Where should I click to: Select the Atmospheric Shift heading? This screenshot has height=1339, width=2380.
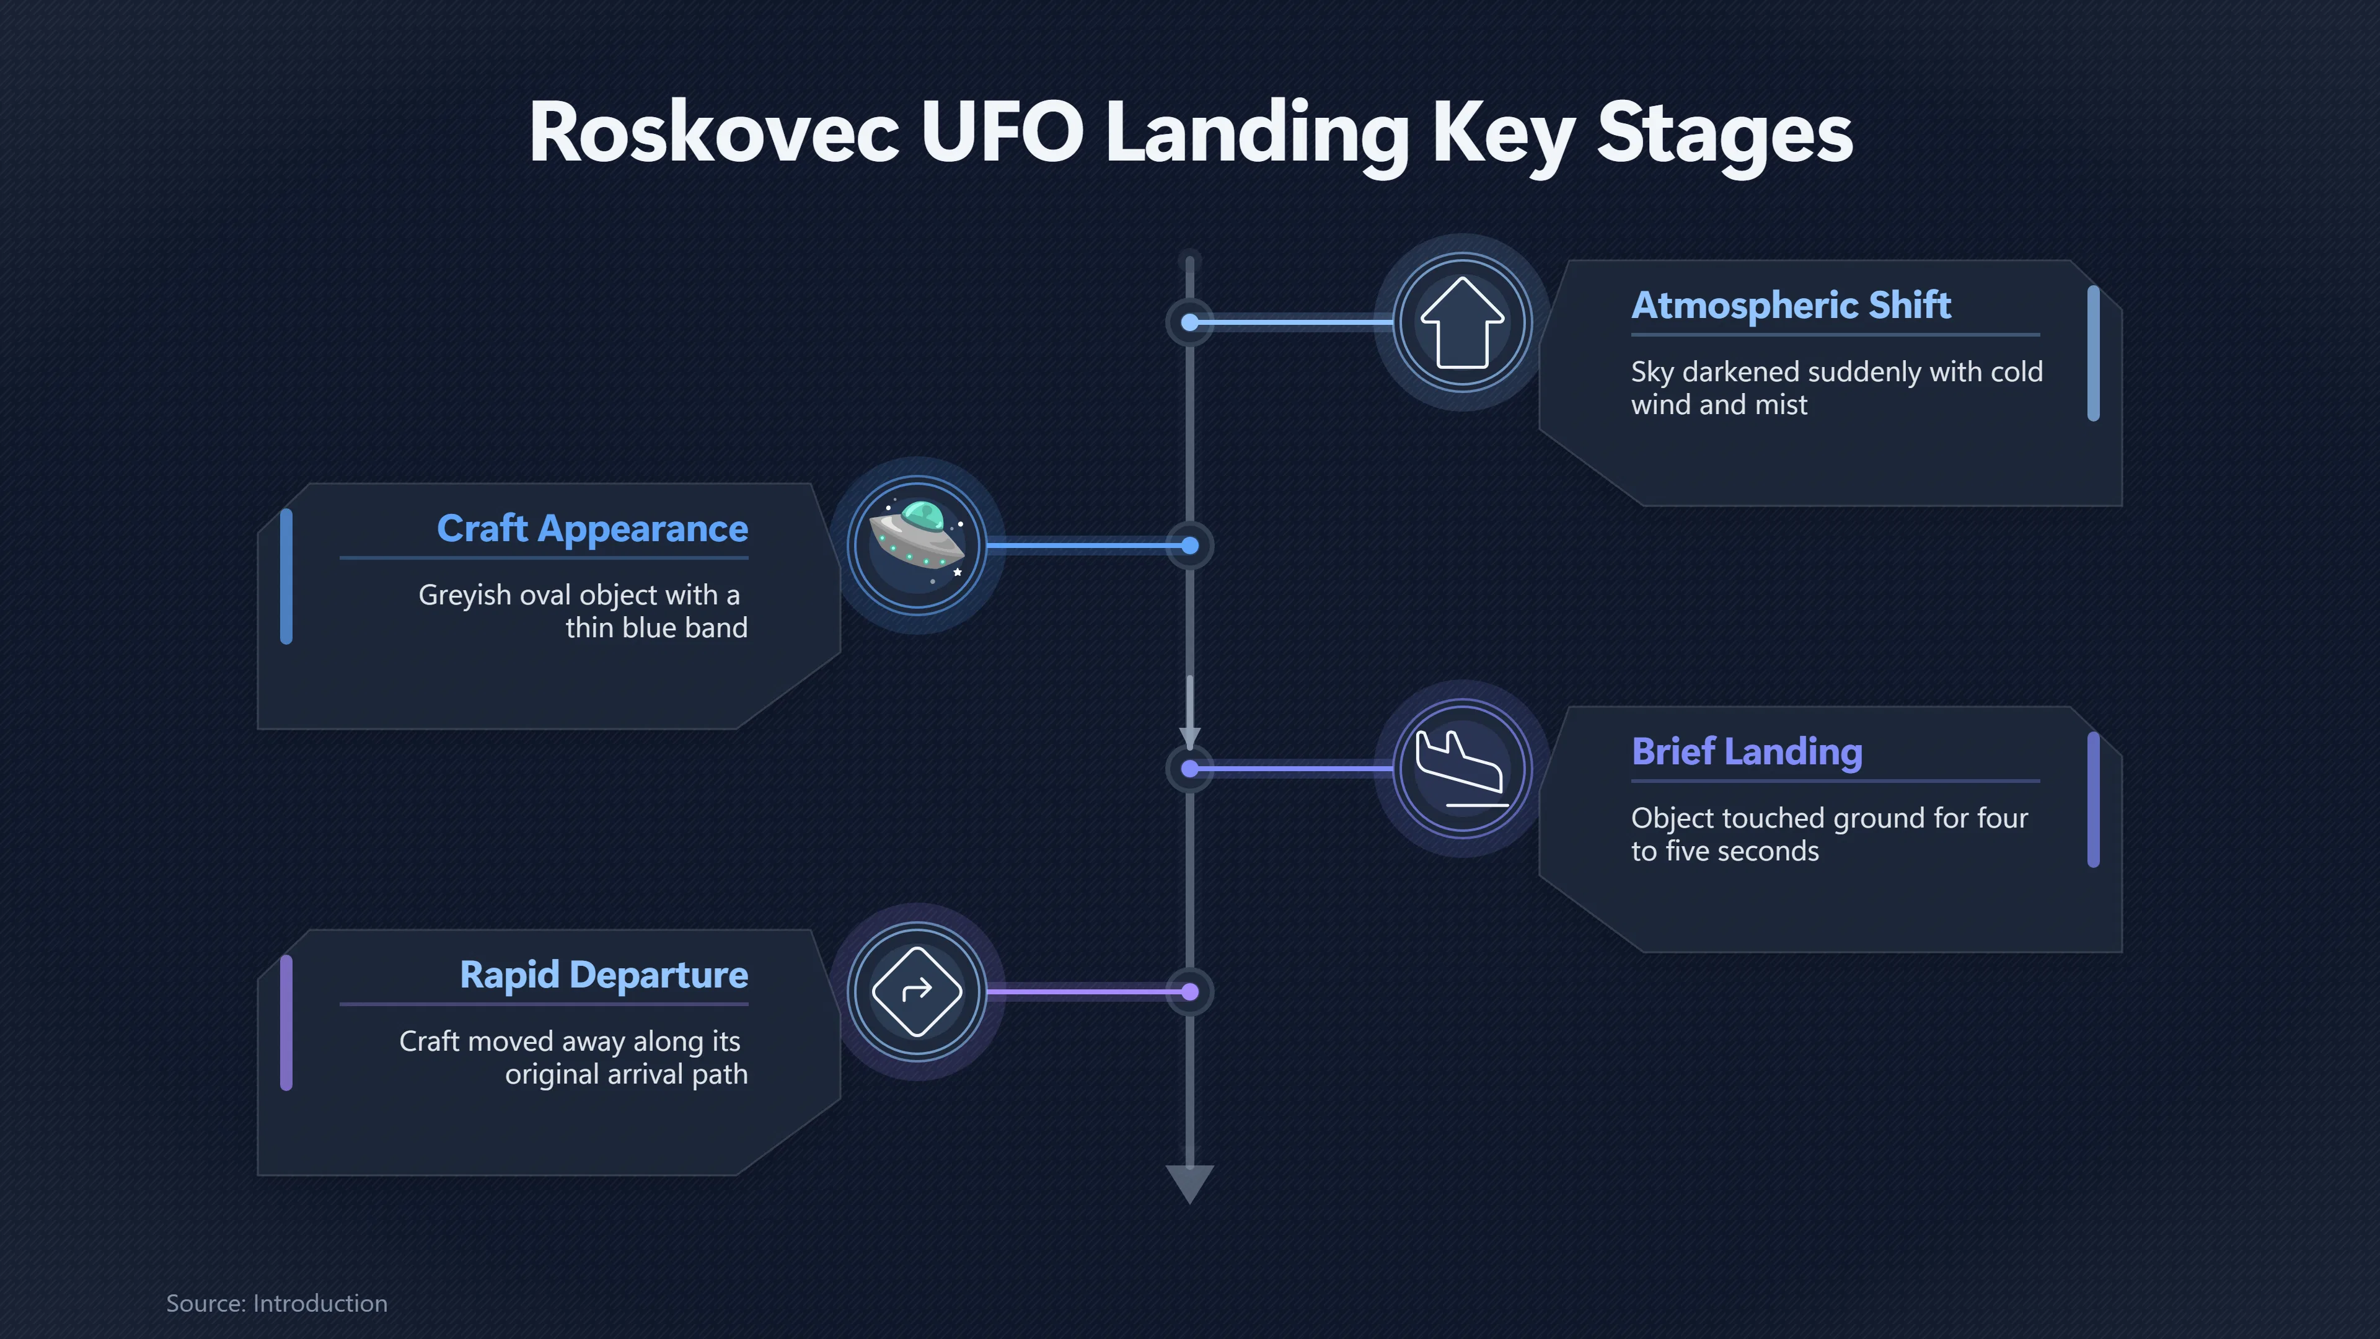tap(1791, 305)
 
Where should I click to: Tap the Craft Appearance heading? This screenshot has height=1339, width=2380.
tap(593, 529)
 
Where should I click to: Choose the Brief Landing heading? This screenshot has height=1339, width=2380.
tap(1746, 751)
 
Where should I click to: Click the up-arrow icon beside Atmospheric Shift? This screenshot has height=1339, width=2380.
tap(1463, 322)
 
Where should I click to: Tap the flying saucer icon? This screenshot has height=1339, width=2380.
tap(917, 546)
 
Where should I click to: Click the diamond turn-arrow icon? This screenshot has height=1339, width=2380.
tap(917, 992)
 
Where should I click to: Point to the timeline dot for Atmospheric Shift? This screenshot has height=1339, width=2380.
tap(1190, 322)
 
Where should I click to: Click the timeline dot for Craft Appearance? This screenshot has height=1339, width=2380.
tap(1190, 546)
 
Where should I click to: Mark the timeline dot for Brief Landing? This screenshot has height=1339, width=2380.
tap(1190, 769)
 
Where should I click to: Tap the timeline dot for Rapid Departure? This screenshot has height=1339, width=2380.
tap(1190, 992)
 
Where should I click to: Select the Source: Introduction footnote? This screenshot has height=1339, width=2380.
tap(276, 1303)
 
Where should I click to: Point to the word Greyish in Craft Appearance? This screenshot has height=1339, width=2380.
tap(465, 595)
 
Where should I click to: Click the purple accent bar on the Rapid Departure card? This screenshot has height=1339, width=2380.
tap(286, 1023)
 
